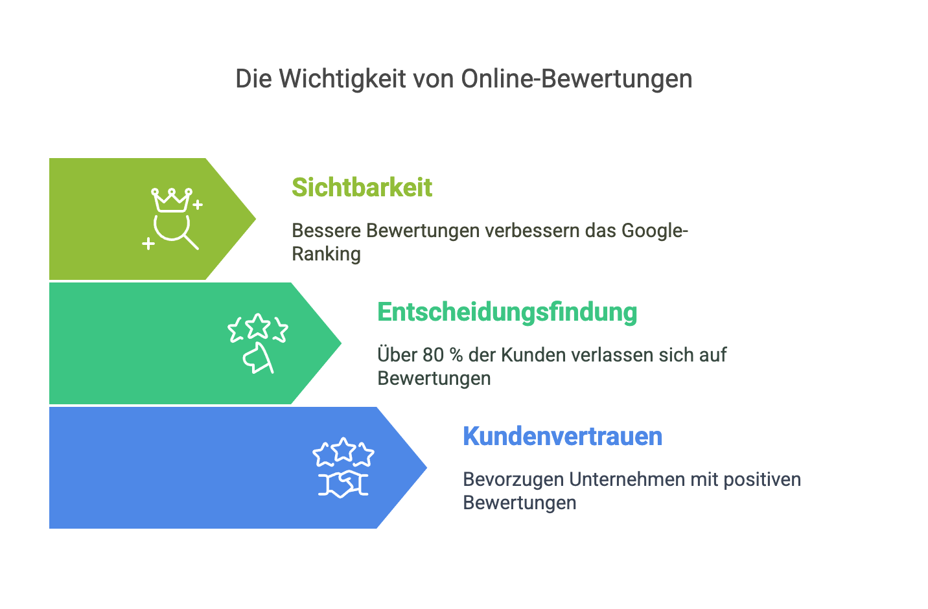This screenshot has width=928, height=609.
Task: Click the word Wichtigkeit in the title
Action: click(x=342, y=78)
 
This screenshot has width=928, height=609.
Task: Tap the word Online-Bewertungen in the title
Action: click(x=576, y=78)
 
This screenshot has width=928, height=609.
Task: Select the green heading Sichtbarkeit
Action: click(x=362, y=187)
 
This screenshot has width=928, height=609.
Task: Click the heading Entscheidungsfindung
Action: click(x=507, y=312)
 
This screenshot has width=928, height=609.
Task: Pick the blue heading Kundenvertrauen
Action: click(x=563, y=436)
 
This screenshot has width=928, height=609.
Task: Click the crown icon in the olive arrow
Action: click(x=171, y=200)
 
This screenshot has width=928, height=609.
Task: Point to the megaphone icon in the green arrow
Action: click(x=258, y=358)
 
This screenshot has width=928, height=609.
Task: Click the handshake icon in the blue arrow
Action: click(x=343, y=483)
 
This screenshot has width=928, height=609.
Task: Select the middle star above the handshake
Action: click(x=343, y=450)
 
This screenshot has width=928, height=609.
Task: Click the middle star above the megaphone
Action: click(x=258, y=325)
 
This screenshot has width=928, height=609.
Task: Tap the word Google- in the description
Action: click(x=655, y=231)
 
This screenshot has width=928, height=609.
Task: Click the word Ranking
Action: click(x=326, y=254)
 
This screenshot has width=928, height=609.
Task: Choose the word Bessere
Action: click(x=326, y=231)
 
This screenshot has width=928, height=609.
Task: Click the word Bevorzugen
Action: click(x=513, y=480)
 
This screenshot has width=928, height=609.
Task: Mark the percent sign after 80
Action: click(x=456, y=355)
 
